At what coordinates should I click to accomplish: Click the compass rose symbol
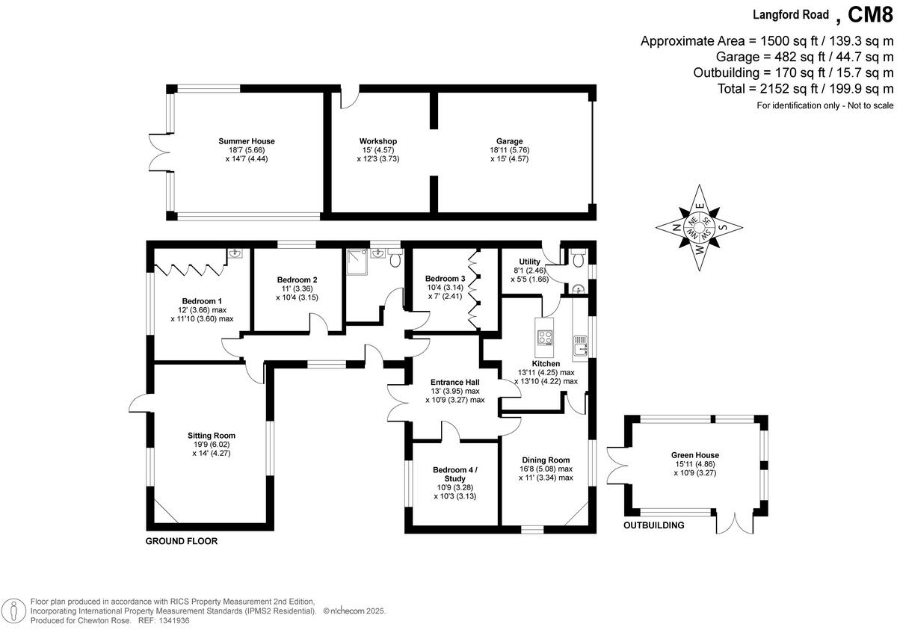pos(699,227)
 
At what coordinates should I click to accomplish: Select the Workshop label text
pos(377,141)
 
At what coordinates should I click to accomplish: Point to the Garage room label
pos(509,141)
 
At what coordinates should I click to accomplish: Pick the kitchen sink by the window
pos(580,345)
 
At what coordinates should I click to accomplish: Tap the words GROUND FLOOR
pos(182,541)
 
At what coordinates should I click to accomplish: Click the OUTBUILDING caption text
pos(654,525)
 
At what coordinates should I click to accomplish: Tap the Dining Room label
pos(546,460)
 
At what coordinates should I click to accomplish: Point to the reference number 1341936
pos(180,620)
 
